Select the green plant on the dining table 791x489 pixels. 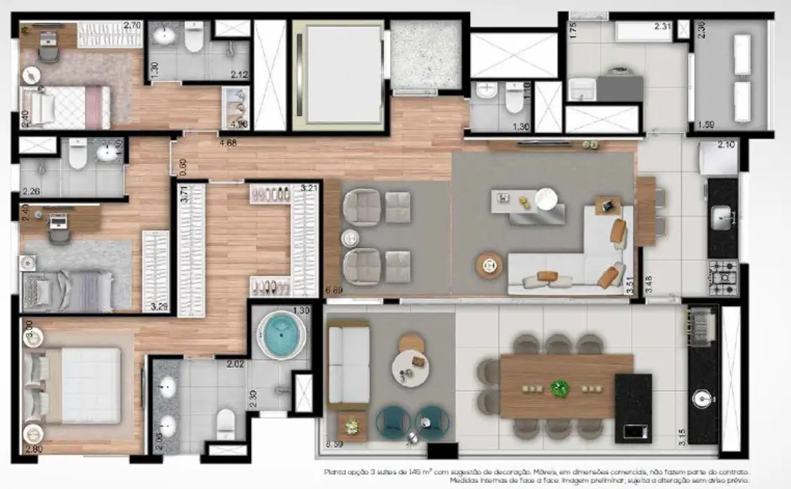[560, 388]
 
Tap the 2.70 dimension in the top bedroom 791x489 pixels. [132, 25]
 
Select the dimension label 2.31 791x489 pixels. [662, 26]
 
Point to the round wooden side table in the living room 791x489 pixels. [489, 264]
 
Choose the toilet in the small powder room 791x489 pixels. [515, 98]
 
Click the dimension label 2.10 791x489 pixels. [726, 144]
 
